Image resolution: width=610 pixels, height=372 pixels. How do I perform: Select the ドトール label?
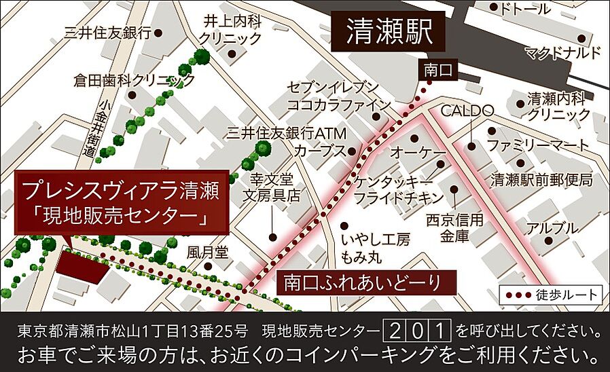click(524, 10)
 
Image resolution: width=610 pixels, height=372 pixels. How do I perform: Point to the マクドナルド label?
click(563, 53)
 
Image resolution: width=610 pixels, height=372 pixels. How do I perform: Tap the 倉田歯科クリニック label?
click(134, 81)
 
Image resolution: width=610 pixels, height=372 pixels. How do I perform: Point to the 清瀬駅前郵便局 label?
click(541, 180)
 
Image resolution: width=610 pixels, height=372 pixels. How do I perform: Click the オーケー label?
click(418, 154)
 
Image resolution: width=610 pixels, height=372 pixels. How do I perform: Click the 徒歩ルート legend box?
click(551, 295)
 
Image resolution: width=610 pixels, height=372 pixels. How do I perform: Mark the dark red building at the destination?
click(82, 267)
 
